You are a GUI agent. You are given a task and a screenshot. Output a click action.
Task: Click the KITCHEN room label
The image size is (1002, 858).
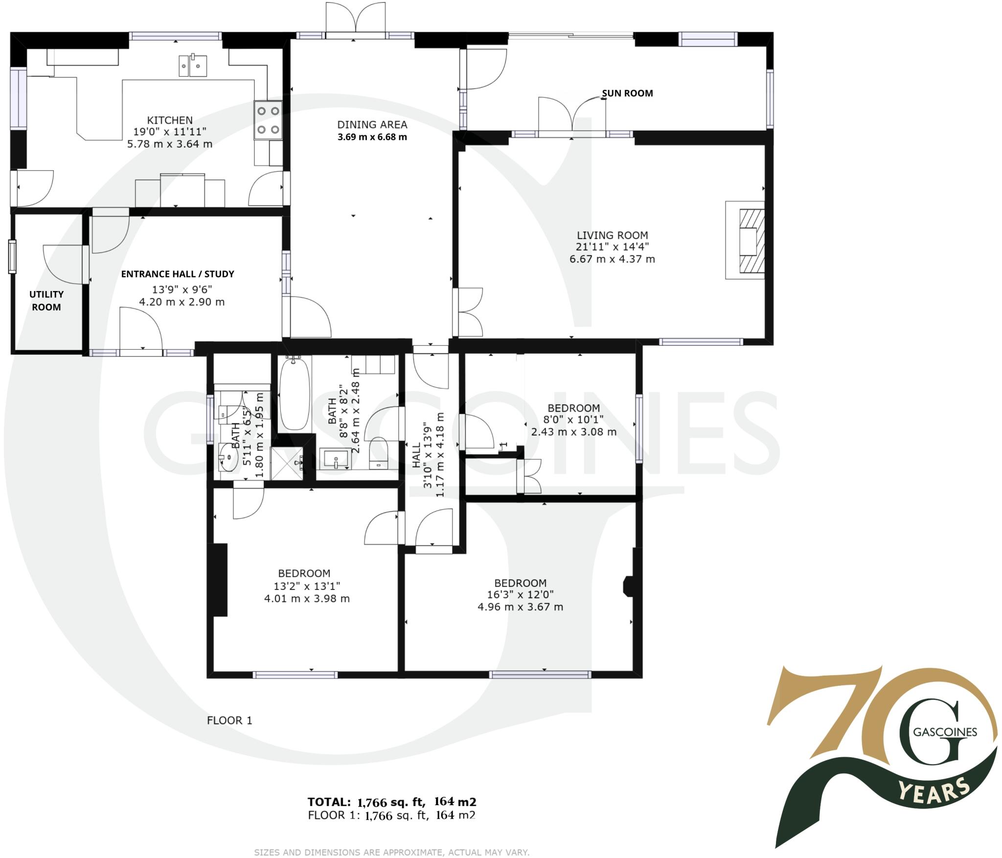pyautogui.click(x=170, y=120)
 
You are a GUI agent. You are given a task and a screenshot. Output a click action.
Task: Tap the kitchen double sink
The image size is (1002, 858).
pyautogui.click(x=192, y=66)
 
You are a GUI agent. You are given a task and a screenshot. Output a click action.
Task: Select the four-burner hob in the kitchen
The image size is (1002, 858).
pyautogui.click(x=268, y=120)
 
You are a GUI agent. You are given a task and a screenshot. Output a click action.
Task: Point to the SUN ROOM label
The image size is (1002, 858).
pyautogui.click(x=627, y=93)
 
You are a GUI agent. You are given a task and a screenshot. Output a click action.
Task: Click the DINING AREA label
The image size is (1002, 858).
pyautogui.click(x=372, y=125)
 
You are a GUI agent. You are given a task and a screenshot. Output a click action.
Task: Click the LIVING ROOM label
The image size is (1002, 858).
pyautogui.click(x=612, y=235)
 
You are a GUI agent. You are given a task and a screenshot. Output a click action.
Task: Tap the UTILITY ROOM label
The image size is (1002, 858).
pyautogui.click(x=46, y=300)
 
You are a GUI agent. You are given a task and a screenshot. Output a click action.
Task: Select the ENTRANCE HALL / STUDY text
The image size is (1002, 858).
pyautogui.click(x=178, y=274)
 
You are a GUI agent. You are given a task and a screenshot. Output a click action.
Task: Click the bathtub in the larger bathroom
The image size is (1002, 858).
pyautogui.click(x=294, y=394)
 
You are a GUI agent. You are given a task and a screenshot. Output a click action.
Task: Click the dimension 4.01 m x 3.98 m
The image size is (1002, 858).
pyautogui.click(x=307, y=598)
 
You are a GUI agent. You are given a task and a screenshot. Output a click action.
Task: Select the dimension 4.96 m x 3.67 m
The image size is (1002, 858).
pyautogui.click(x=520, y=607)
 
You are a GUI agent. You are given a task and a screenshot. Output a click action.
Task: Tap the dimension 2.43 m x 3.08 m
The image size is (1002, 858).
pyautogui.click(x=573, y=432)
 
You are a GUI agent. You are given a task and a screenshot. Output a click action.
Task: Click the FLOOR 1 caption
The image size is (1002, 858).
pyautogui.click(x=229, y=720)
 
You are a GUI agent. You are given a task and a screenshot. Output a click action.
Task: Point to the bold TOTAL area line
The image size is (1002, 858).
pyautogui.click(x=392, y=802)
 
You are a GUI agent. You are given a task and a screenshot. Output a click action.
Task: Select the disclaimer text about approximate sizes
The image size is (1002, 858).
pyautogui.click(x=391, y=852)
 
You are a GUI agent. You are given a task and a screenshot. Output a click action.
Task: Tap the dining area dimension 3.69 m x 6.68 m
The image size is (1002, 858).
pyautogui.click(x=372, y=137)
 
